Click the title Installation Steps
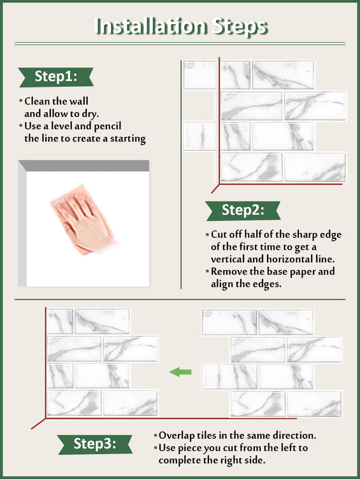pyautogui.click(x=182, y=26)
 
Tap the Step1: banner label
pyautogui.click(x=56, y=76)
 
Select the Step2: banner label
pyautogui.click(x=243, y=210)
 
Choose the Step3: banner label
pyautogui.click(x=95, y=444)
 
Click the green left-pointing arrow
pyautogui.click(x=180, y=372)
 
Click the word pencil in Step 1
pyautogui.click(x=108, y=126)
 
